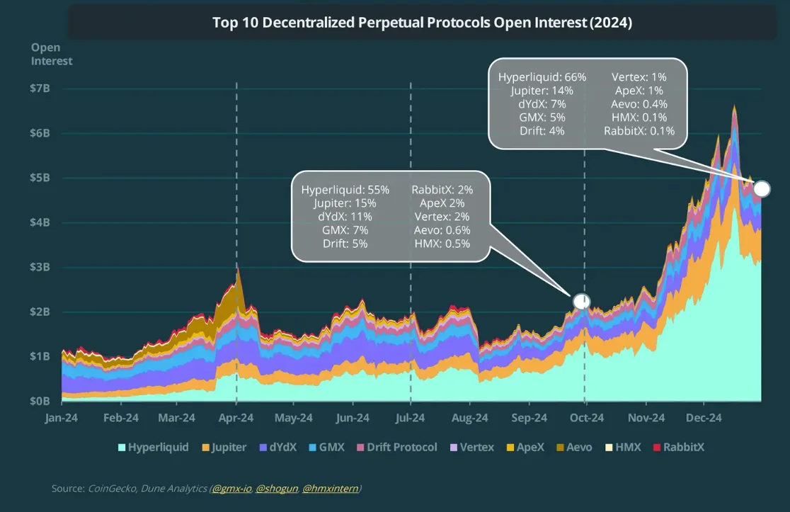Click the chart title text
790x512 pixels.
422,23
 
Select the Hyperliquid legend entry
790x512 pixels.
158,447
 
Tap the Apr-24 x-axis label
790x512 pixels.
236,418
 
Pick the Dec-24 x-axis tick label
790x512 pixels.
703,418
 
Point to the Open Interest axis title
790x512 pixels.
52,55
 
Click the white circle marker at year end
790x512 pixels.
762,188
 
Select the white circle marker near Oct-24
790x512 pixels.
581,302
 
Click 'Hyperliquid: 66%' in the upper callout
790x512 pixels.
542,77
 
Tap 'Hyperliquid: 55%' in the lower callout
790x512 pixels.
345,190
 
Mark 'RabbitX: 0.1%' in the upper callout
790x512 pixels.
639,130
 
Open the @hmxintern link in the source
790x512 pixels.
331,489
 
